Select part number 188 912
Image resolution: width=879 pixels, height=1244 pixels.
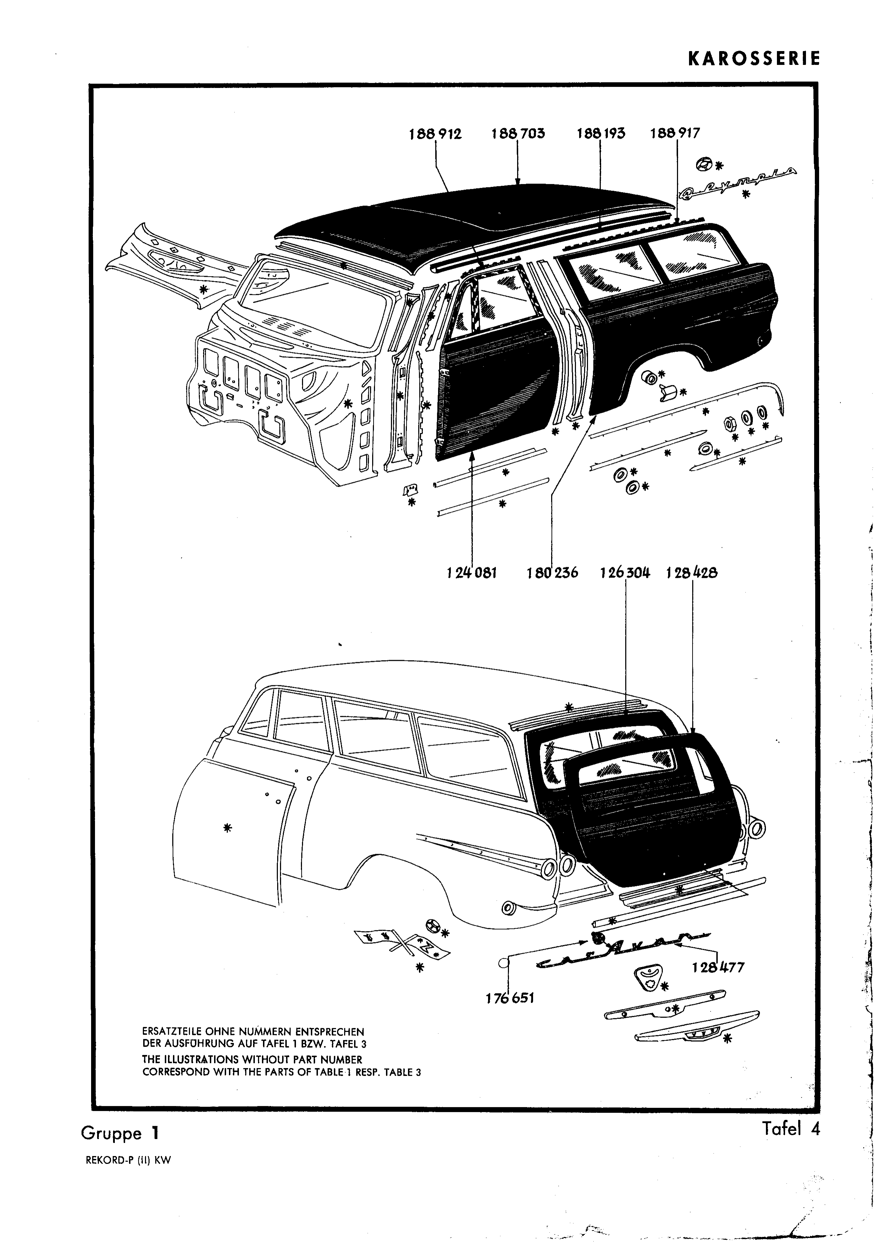436,134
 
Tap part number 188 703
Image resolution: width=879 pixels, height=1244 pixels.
518,134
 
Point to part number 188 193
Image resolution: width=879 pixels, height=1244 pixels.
601,134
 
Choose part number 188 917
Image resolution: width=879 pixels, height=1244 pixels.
675,134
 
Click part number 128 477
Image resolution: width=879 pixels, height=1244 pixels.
718,967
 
